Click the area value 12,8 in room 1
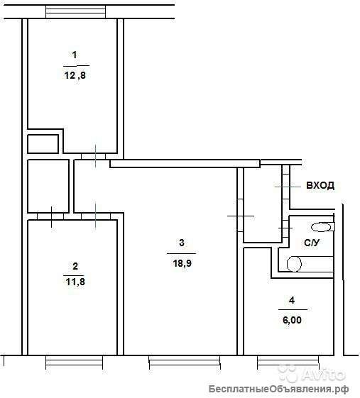point(75,75)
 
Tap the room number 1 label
point(75,55)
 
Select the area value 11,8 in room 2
point(75,282)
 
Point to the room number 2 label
point(75,266)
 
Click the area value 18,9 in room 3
point(182,263)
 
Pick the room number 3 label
point(182,243)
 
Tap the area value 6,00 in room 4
point(292,320)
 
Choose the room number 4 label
point(292,301)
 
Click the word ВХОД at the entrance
point(320,185)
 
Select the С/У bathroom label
point(312,243)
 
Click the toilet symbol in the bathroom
point(323,226)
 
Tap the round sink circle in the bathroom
point(294,264)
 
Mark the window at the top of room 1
point(75,11)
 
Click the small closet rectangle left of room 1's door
point(43,144)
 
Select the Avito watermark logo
point(312,374)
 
